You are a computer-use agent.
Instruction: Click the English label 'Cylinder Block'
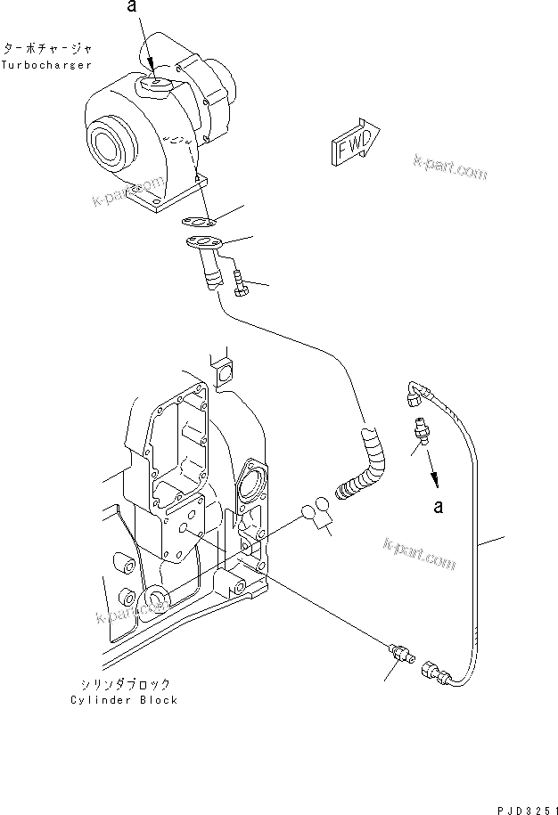[124, 699]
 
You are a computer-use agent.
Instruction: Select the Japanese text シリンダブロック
[124, 684]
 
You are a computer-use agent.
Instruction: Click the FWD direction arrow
[356, 141]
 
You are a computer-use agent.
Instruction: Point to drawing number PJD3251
[520, 801]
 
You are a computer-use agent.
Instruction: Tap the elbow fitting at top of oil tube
[415, 389]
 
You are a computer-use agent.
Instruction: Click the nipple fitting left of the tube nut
[398, 652]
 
